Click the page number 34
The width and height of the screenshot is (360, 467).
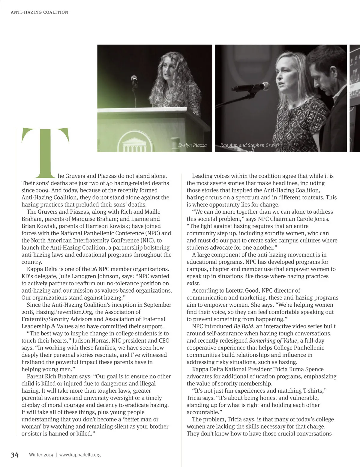click(x=15, y=455)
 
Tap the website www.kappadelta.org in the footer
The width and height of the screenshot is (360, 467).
click(x=80, y=455)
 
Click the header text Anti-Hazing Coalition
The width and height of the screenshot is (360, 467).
click(x=39, y=12)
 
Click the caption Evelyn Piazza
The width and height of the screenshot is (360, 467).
click(x=192, y=145)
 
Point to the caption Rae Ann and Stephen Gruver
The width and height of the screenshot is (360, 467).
click(x=250, y=145)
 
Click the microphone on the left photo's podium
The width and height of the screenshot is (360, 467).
click(x=134, y=79)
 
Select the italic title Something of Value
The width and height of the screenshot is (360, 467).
click(x=273, y=341)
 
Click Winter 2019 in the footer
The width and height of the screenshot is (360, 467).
click(x=41, y=455)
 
